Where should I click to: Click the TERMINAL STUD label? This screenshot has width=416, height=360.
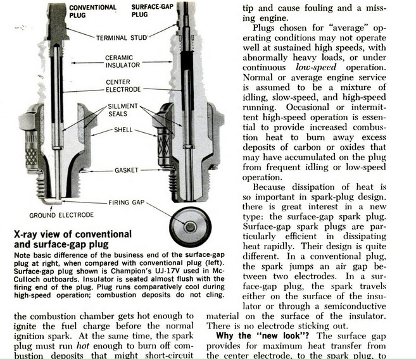tap(122, 38)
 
